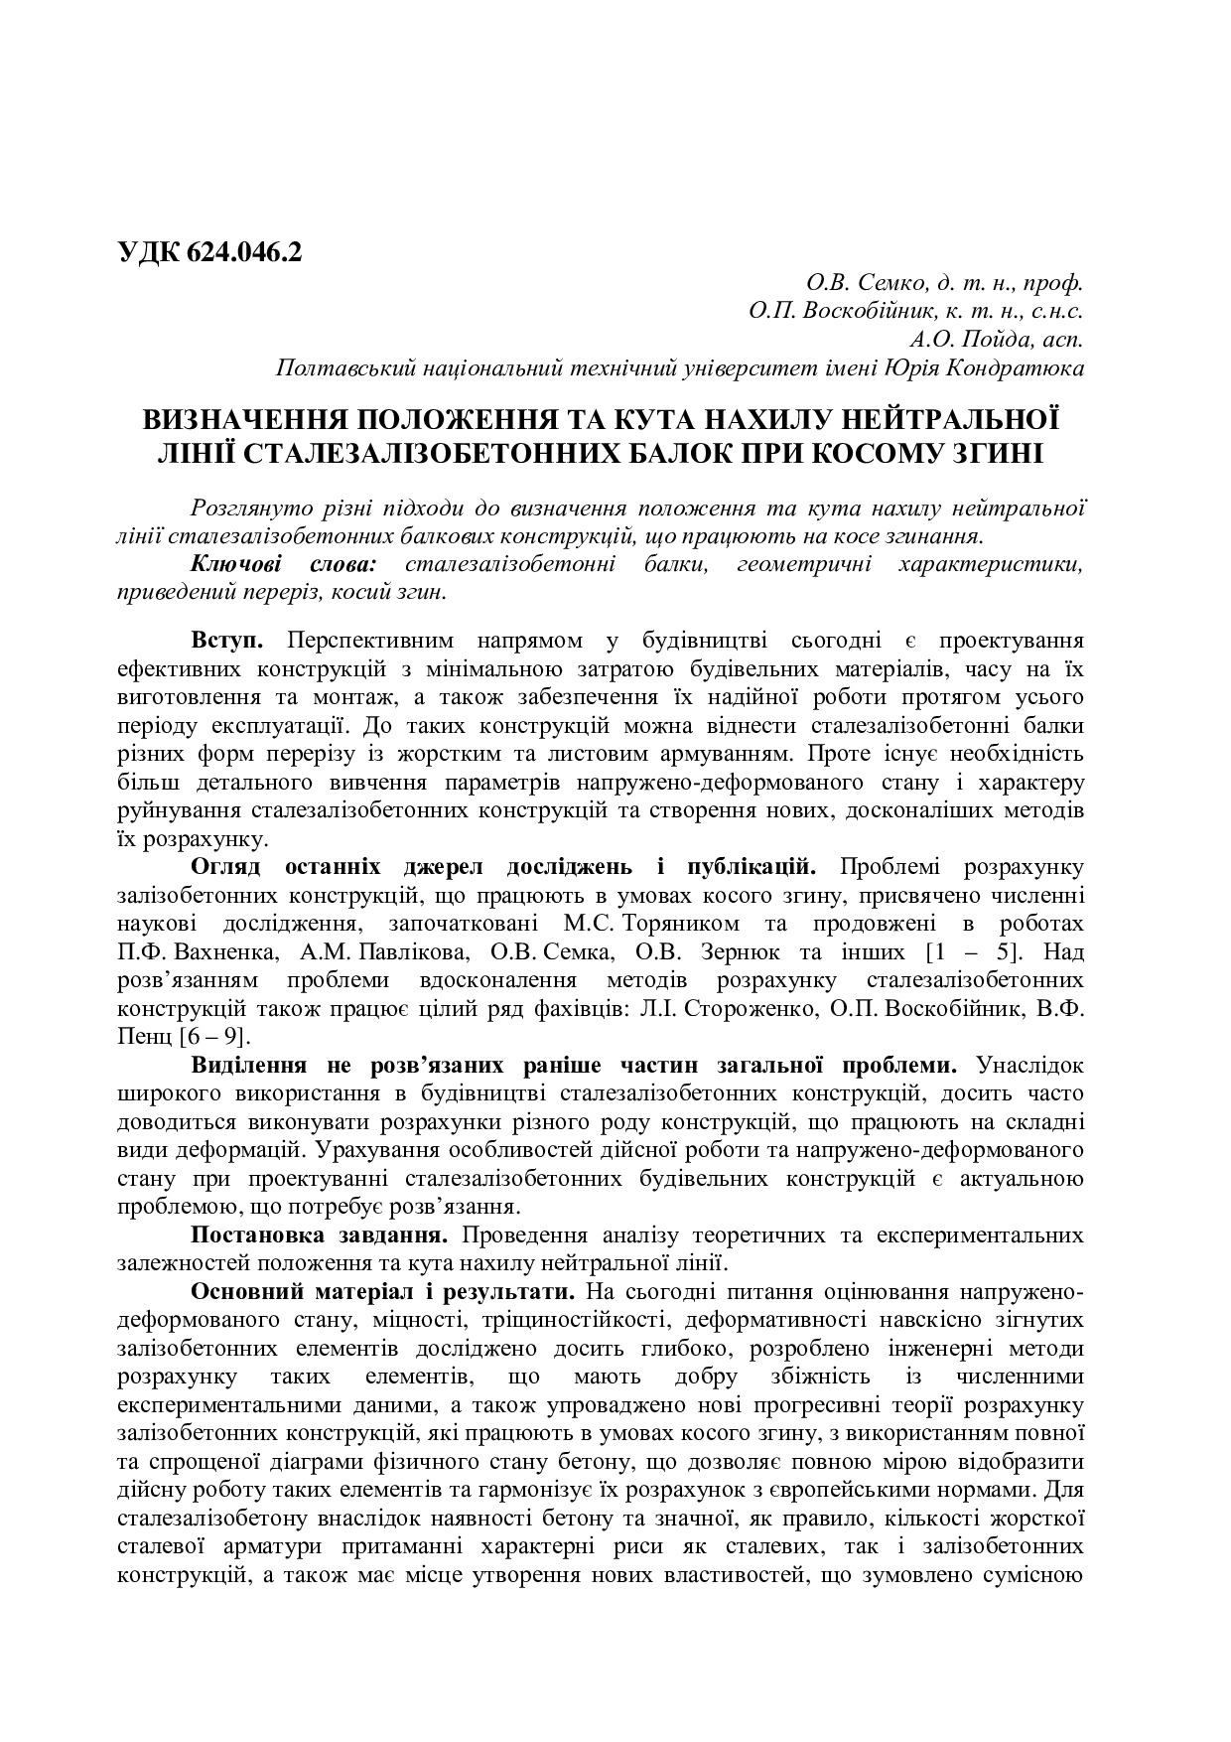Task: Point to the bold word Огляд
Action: coord(225,866)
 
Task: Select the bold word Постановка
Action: coord(253,1236)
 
